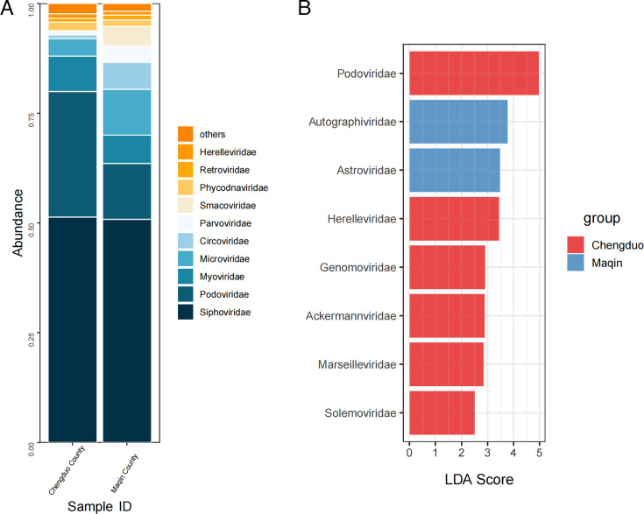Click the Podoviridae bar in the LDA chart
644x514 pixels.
pos(473,73)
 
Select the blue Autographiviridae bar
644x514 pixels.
pos(457,122)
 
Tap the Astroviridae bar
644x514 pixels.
pos(454,170)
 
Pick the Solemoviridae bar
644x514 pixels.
pos(442,412)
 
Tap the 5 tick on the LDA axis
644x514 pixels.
pos(539,454)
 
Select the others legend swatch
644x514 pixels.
pos(186,134)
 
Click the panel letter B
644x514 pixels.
pos(305,10)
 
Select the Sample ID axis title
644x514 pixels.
pos(100,503)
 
